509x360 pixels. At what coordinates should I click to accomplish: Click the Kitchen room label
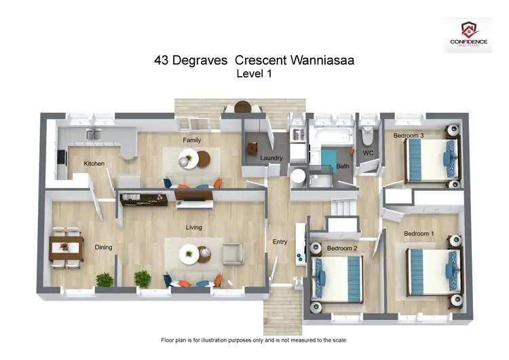[x=94, y=164]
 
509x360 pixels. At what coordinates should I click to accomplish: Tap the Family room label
[x=192, y=140]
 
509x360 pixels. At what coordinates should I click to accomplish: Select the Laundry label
[x=271, y=158]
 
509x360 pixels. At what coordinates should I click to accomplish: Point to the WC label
[x=369, y=153]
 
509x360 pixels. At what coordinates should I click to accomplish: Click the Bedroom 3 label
[x=409, y=135]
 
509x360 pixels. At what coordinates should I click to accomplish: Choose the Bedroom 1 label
[x=419, y=234]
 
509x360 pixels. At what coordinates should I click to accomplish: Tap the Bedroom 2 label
[x=342, y=248]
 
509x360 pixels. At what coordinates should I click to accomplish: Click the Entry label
[x=280, y=242]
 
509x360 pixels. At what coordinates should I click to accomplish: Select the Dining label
[x=103, y=247]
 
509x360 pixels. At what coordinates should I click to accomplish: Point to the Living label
[x=194, y=228]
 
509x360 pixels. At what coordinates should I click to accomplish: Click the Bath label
[x=343, y=166]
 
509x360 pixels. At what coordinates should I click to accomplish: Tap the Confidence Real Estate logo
[x=469, y=34]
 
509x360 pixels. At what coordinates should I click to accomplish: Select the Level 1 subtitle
[x=254, y=75]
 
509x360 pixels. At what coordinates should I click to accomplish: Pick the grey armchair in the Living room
[x=233, y=254]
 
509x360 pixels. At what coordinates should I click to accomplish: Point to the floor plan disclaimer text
[x=254, y=339]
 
